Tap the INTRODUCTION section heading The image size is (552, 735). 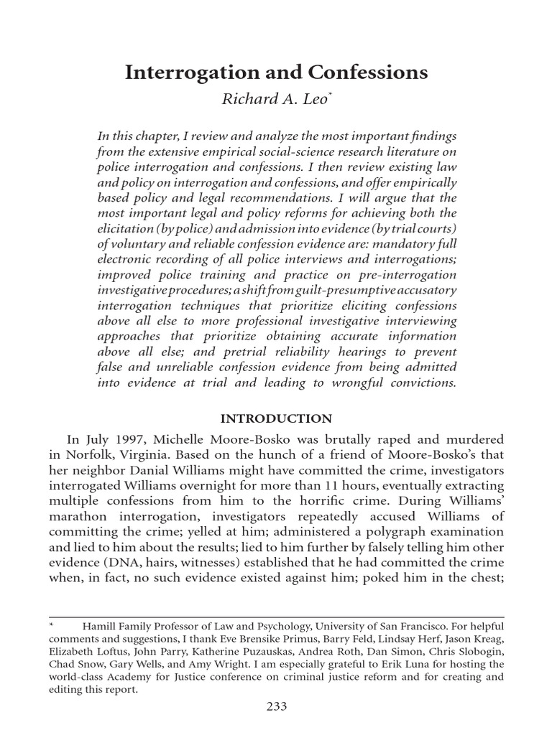pyautogui.click(x=276, y=418)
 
